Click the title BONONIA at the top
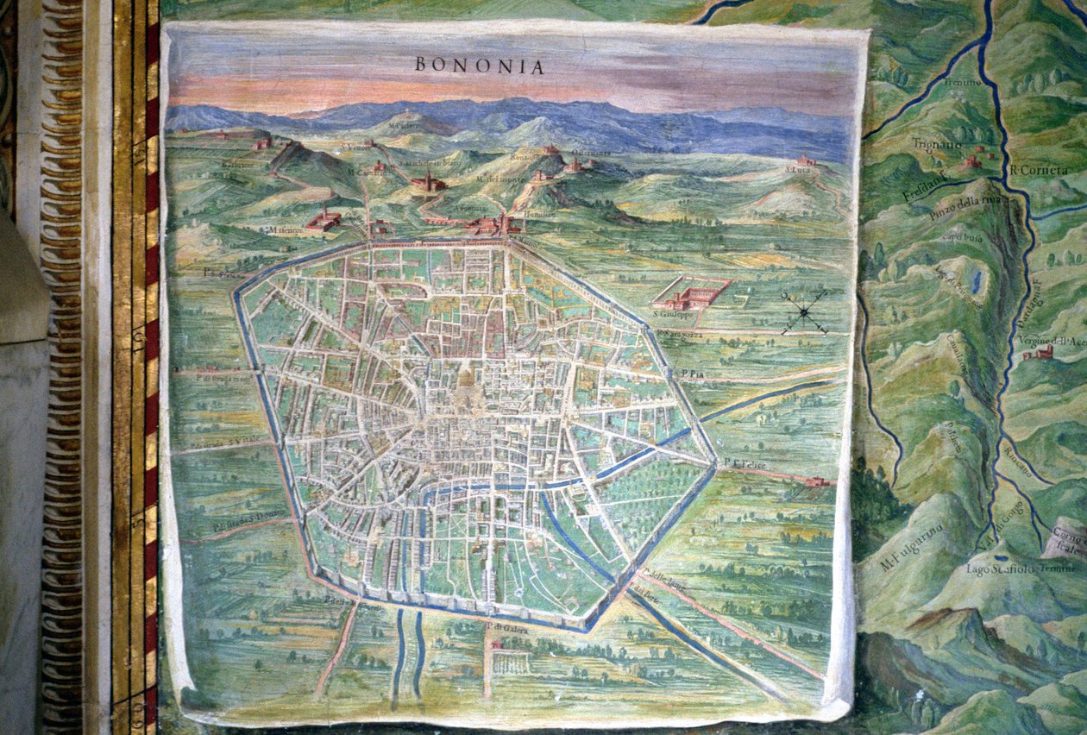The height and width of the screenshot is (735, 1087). click(479, 66)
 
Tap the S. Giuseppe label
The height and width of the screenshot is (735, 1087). click(670, 315)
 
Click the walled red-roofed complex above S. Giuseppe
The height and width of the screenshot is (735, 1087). click(690, 293)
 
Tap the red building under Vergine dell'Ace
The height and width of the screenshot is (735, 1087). click(1040, 352)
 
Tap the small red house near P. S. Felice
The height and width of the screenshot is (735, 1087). click(816, 481)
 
